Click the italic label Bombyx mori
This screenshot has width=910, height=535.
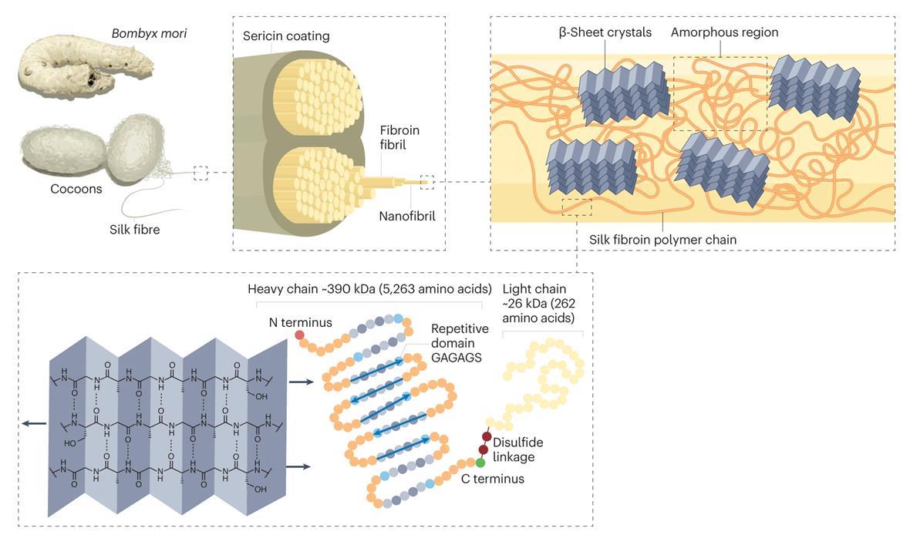[x=150, y=34]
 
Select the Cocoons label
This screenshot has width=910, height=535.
[x=76, y=189]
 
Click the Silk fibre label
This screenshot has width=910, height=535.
[x=134, y=229]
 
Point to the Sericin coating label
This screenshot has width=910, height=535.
[x=286, y=36]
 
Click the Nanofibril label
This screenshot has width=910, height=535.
[x=407, y=217]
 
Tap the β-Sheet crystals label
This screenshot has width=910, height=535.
[x=605, y=32]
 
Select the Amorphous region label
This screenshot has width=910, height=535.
[x=724, y=32]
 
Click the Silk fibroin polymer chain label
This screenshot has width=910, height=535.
[x=662, y=240]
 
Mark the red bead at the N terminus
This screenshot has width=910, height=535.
[x=299, y=336]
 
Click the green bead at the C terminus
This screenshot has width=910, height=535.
[x=480, y=463]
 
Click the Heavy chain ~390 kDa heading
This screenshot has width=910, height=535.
[x=369, y=289]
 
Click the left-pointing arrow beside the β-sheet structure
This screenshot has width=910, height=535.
[x=33, y=423]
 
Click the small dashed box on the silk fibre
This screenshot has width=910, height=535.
[x=201, y=173]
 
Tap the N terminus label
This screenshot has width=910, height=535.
[x=300, y=322]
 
